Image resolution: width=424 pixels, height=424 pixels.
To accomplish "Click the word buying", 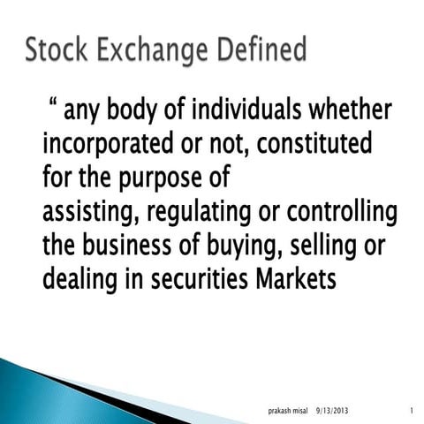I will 270,246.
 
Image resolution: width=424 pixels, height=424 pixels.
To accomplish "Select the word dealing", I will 80,281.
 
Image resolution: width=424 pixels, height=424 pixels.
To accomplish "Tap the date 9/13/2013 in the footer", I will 335,410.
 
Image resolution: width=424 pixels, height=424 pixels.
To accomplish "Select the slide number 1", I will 412,410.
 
